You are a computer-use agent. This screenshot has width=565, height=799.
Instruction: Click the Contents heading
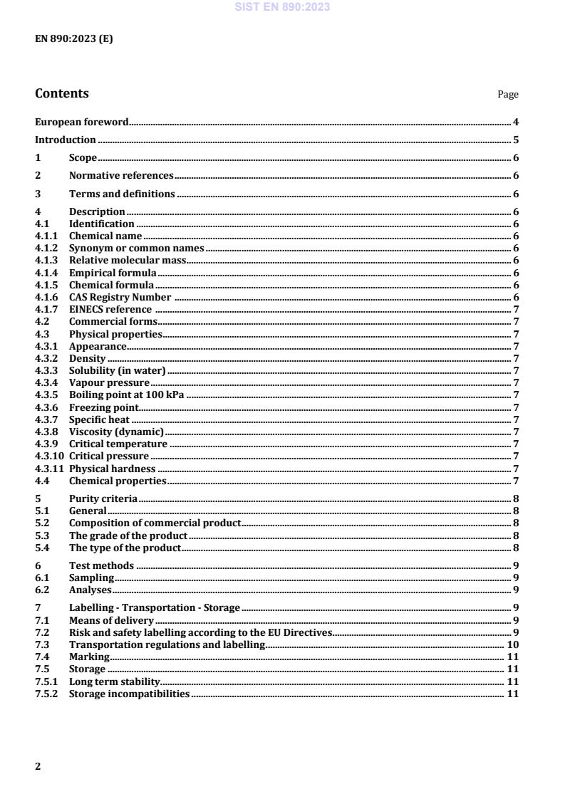pos(62,93)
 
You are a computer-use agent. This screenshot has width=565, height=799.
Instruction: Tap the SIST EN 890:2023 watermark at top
pos(282,7)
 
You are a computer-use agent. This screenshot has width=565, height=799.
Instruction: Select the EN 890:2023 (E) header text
pos(73,39)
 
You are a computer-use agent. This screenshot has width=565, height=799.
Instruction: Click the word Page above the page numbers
pos(508,95)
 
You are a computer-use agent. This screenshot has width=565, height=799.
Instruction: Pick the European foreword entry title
pos(82,122)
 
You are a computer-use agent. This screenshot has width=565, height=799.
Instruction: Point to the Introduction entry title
pos(66,140)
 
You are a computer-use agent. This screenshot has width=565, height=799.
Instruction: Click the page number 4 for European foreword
pos(516,122)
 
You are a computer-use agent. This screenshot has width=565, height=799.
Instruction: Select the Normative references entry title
pos(121,175)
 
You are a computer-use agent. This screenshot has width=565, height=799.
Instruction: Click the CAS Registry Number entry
pos(120,297)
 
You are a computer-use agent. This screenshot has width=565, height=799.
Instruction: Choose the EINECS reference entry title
pos(110,309)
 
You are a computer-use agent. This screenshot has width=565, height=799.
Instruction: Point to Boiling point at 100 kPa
pos(127,395)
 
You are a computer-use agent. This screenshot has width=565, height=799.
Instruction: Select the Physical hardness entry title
pos(112,469)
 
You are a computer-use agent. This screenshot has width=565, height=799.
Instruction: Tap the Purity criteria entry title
pos(103,498)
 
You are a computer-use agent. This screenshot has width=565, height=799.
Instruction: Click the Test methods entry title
pos(101,566)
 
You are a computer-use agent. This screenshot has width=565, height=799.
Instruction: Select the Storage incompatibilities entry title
pos(129,694)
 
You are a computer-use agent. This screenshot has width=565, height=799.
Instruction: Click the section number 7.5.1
pos(47,681)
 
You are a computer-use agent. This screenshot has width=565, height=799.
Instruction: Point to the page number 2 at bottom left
pos(38,766)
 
